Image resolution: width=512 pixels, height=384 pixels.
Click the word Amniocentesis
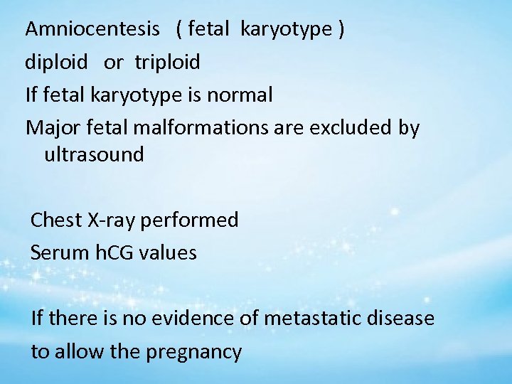pyautogui.click(x=92, y=29)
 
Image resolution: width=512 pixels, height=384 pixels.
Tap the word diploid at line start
pyautogui.click(x=56, y=62)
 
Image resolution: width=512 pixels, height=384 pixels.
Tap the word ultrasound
pyautogui.click(x=93, y=154)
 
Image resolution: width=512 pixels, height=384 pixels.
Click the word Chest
pyautogui.click(x=56, y=220)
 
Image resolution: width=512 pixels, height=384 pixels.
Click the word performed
pyautogui.click(x=190, y=220)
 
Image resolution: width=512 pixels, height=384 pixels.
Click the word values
pyautogui.click(x=169, y=252)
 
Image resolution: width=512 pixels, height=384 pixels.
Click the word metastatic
pyautogui.click(x=314, y=319)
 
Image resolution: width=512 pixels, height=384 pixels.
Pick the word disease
pyautogui.click(x=402, y=319)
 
